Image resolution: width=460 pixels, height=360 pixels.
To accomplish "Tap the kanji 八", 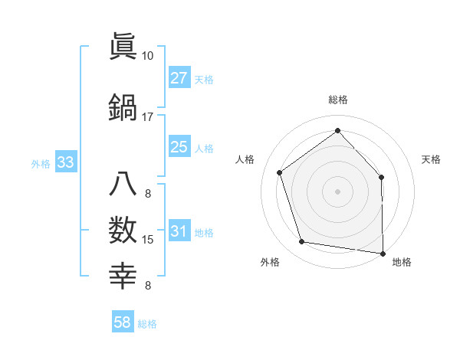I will click(x=123, y=185).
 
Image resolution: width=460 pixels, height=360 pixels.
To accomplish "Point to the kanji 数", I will click(x=123, y=231).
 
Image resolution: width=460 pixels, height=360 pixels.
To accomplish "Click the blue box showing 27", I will click(x=179, y=78).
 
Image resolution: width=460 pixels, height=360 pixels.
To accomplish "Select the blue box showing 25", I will click(x=179, y=147).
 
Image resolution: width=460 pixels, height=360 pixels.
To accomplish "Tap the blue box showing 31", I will click(x=179, y=232).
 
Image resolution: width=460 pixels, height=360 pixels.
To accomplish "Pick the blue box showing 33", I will click(x=65, y=162).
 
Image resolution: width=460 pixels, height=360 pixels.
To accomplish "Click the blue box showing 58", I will click(x=123, y=323).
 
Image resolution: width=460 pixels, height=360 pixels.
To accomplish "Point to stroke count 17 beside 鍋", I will click(x=147, y=117).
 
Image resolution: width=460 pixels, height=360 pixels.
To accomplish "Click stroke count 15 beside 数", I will click(x=148, y=240).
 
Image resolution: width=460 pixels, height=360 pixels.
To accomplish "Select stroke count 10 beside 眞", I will click(x=147, y=56).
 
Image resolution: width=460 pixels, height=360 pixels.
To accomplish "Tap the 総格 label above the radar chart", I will click(x=337, y=100).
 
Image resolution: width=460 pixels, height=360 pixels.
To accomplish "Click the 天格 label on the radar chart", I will click(x=431, y=159).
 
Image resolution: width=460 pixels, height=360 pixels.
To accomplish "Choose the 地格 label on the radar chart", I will click(x=402, y=263).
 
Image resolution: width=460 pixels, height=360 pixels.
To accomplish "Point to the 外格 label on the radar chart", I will click(x=270, y=263).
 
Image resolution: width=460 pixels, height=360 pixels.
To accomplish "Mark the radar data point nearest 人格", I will click(x=280, y=172).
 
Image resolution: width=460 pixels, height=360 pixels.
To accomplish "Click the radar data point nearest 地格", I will click(x=383, y=252).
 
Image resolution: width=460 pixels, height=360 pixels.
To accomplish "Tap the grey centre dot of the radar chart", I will click(x=337, y=191).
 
